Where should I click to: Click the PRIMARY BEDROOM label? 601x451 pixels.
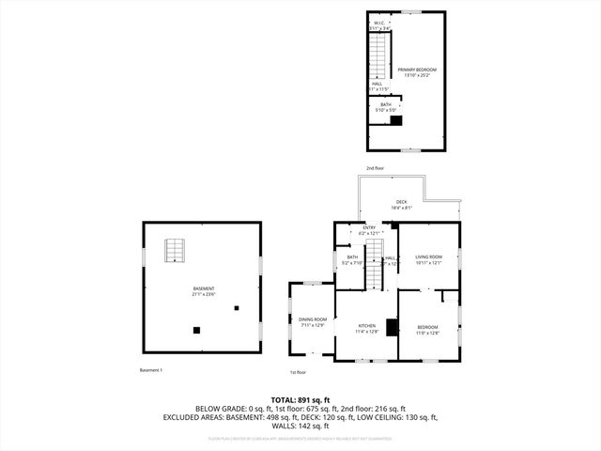point(416,72)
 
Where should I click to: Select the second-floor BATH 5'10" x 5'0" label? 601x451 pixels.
point(386,107)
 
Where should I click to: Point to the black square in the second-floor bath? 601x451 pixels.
point(396,119)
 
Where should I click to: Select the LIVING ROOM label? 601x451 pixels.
point(428,259)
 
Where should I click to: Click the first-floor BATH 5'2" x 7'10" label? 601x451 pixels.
point(352,260)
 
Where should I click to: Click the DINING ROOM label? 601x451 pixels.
point(313,322)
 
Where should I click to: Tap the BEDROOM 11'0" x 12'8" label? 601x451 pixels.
point(427,329)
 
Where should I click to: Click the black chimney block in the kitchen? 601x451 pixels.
point(393,328)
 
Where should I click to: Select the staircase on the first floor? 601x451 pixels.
point(374,251)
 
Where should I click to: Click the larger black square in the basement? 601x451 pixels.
point(196,330)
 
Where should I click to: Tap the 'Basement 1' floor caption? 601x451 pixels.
point(151,370)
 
